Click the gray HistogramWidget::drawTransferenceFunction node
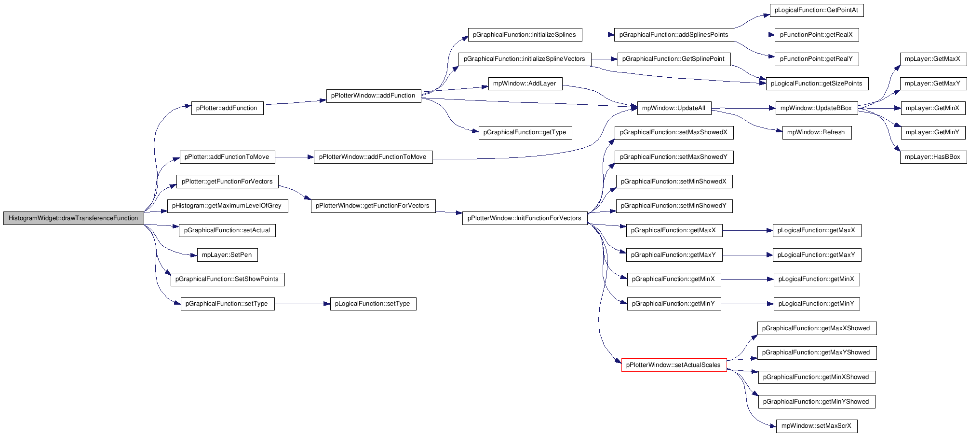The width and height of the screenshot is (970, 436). [73, 218]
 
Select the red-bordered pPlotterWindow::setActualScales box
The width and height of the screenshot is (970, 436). [674, 365]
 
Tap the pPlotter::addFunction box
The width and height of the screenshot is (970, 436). [228, 108]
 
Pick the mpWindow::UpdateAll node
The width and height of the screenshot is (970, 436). [674, 108]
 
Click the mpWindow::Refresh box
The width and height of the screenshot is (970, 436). [816, 132]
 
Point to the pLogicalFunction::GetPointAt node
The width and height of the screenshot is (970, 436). [817, 10]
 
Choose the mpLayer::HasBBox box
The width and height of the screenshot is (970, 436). [933, 157]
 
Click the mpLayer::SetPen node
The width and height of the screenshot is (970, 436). [227, 255]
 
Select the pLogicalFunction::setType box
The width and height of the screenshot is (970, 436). [373, 304]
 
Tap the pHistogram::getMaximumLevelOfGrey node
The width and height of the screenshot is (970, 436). [227, 206]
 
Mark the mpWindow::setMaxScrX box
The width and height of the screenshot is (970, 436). [817, 426]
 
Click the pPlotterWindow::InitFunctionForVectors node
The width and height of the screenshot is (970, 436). [525, 218]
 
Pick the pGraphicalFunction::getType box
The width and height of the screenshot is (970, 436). [525, 132]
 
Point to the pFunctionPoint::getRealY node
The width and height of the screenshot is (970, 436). [817, 59]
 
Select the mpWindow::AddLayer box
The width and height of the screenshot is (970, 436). [525, 84]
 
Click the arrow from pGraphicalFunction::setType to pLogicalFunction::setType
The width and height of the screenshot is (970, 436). [302, 304]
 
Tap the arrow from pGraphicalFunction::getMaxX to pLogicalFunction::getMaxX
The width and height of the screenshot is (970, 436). [747, 230]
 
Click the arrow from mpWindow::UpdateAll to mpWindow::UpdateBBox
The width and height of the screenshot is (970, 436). [743, 108]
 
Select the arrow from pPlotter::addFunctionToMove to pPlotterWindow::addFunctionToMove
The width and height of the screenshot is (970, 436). [295, 157]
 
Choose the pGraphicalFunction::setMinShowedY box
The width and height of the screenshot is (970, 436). [674, 206]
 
